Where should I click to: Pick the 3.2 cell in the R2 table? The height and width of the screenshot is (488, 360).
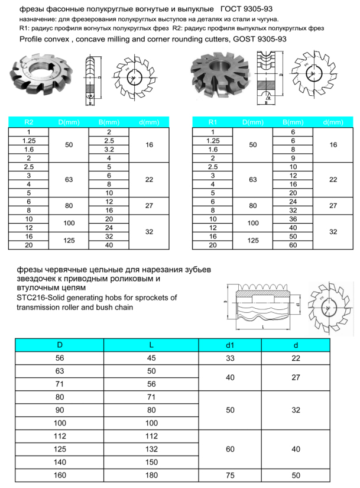coord(109,150)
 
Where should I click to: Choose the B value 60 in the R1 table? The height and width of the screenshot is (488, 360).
coord(293,245)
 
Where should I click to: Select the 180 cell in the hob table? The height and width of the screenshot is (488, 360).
coord(151,475)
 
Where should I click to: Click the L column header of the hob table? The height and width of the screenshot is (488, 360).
coord(151,345)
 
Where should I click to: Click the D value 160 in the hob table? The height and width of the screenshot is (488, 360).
coord(59,475)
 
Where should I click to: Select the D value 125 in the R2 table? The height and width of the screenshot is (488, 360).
coord(69,240)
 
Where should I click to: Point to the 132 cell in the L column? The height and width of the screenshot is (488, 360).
coord(151,450)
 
